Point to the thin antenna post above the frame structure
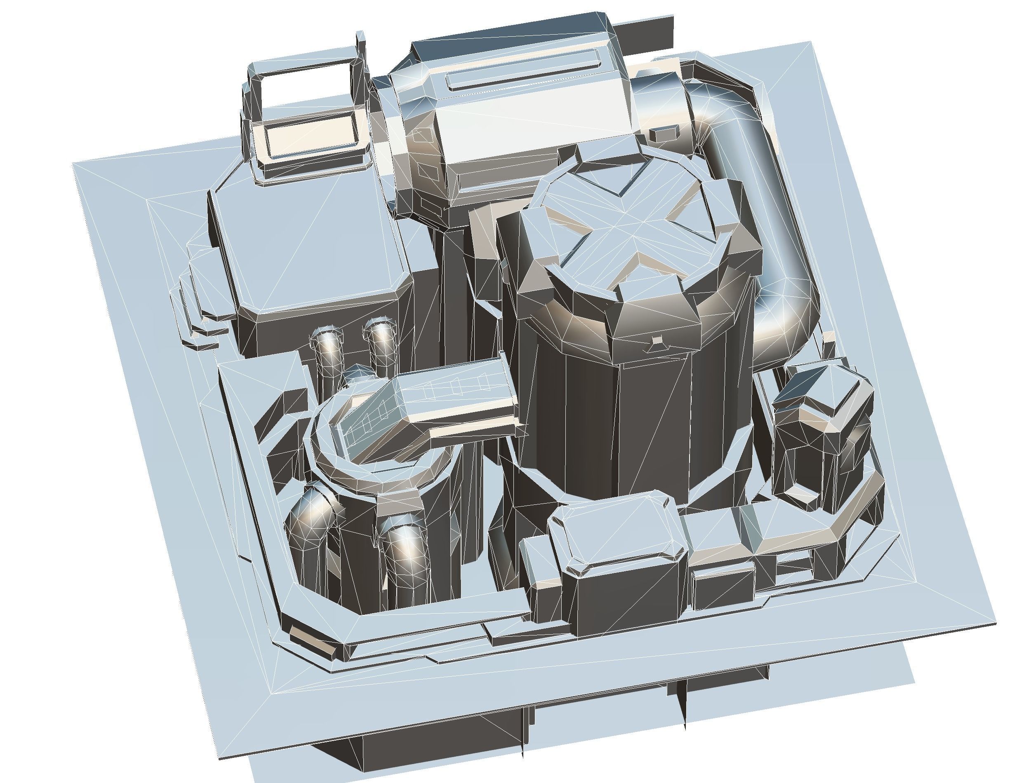(x=360, y=51)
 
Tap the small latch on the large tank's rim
(x=657, y=342)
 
